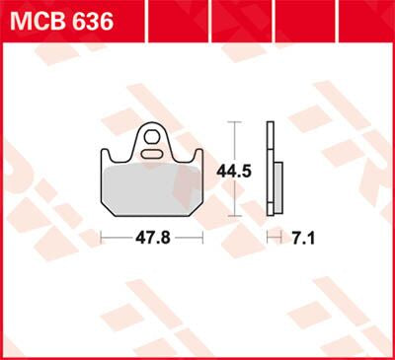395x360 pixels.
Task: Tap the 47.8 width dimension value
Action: (x=152, y=238)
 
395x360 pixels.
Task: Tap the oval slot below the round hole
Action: (x=154, y=153)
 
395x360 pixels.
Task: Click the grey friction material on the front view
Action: (x=153, y=190)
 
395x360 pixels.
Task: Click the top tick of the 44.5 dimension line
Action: (x=234, y=122)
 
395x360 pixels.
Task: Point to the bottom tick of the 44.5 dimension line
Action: (x=234, y=215)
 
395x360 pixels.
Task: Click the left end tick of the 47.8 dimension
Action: (x=103, y=238)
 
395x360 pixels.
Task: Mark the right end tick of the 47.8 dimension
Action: (x=202, y=238)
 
